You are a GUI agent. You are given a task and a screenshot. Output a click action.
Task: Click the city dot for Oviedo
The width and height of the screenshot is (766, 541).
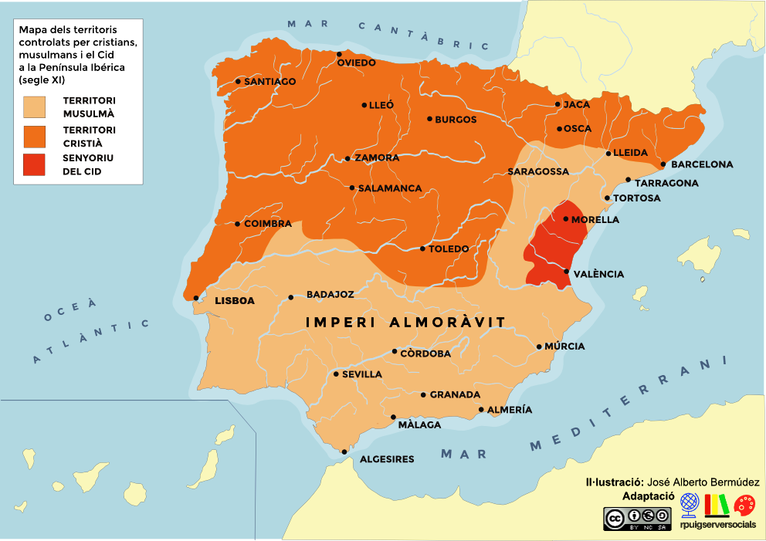point(339,54)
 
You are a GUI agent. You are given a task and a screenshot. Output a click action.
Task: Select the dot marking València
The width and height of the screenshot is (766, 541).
point(568,271)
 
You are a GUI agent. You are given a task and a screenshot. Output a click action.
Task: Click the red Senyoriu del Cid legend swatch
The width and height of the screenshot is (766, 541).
point(34,165)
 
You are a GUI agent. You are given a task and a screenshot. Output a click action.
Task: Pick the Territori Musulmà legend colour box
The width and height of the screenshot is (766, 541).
point(34,107)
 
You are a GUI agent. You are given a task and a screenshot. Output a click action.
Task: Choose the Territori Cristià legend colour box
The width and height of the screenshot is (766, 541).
point(34,136)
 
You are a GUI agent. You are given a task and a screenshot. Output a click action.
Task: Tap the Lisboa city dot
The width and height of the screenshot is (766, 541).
point(196,298)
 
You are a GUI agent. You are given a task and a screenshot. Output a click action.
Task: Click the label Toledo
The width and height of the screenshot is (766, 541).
point(449,249)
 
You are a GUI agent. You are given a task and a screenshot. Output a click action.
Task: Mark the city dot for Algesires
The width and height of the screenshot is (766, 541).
point(344,451)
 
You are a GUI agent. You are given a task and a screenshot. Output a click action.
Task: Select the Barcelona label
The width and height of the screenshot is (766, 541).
point(701,164)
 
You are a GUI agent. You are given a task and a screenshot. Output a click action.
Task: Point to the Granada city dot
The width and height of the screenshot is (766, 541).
point(423,394)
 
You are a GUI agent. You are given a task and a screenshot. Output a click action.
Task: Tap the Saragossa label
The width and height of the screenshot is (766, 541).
point(538,171)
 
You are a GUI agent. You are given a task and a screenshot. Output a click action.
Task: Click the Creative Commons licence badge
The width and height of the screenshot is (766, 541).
point(637,517)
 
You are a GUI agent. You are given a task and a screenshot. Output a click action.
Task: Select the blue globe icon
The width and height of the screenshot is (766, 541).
point(690,505)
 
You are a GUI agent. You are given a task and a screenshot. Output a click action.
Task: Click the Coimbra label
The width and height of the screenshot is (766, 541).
point(267,224)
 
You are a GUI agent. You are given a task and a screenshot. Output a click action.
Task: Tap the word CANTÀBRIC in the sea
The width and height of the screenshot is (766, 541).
point(424,36)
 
